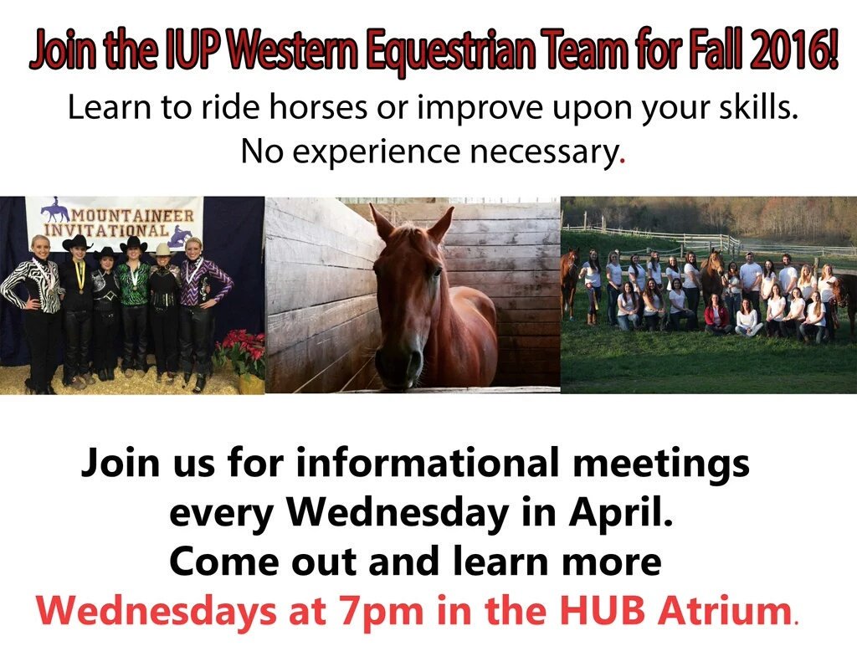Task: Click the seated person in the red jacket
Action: [716, 316]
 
